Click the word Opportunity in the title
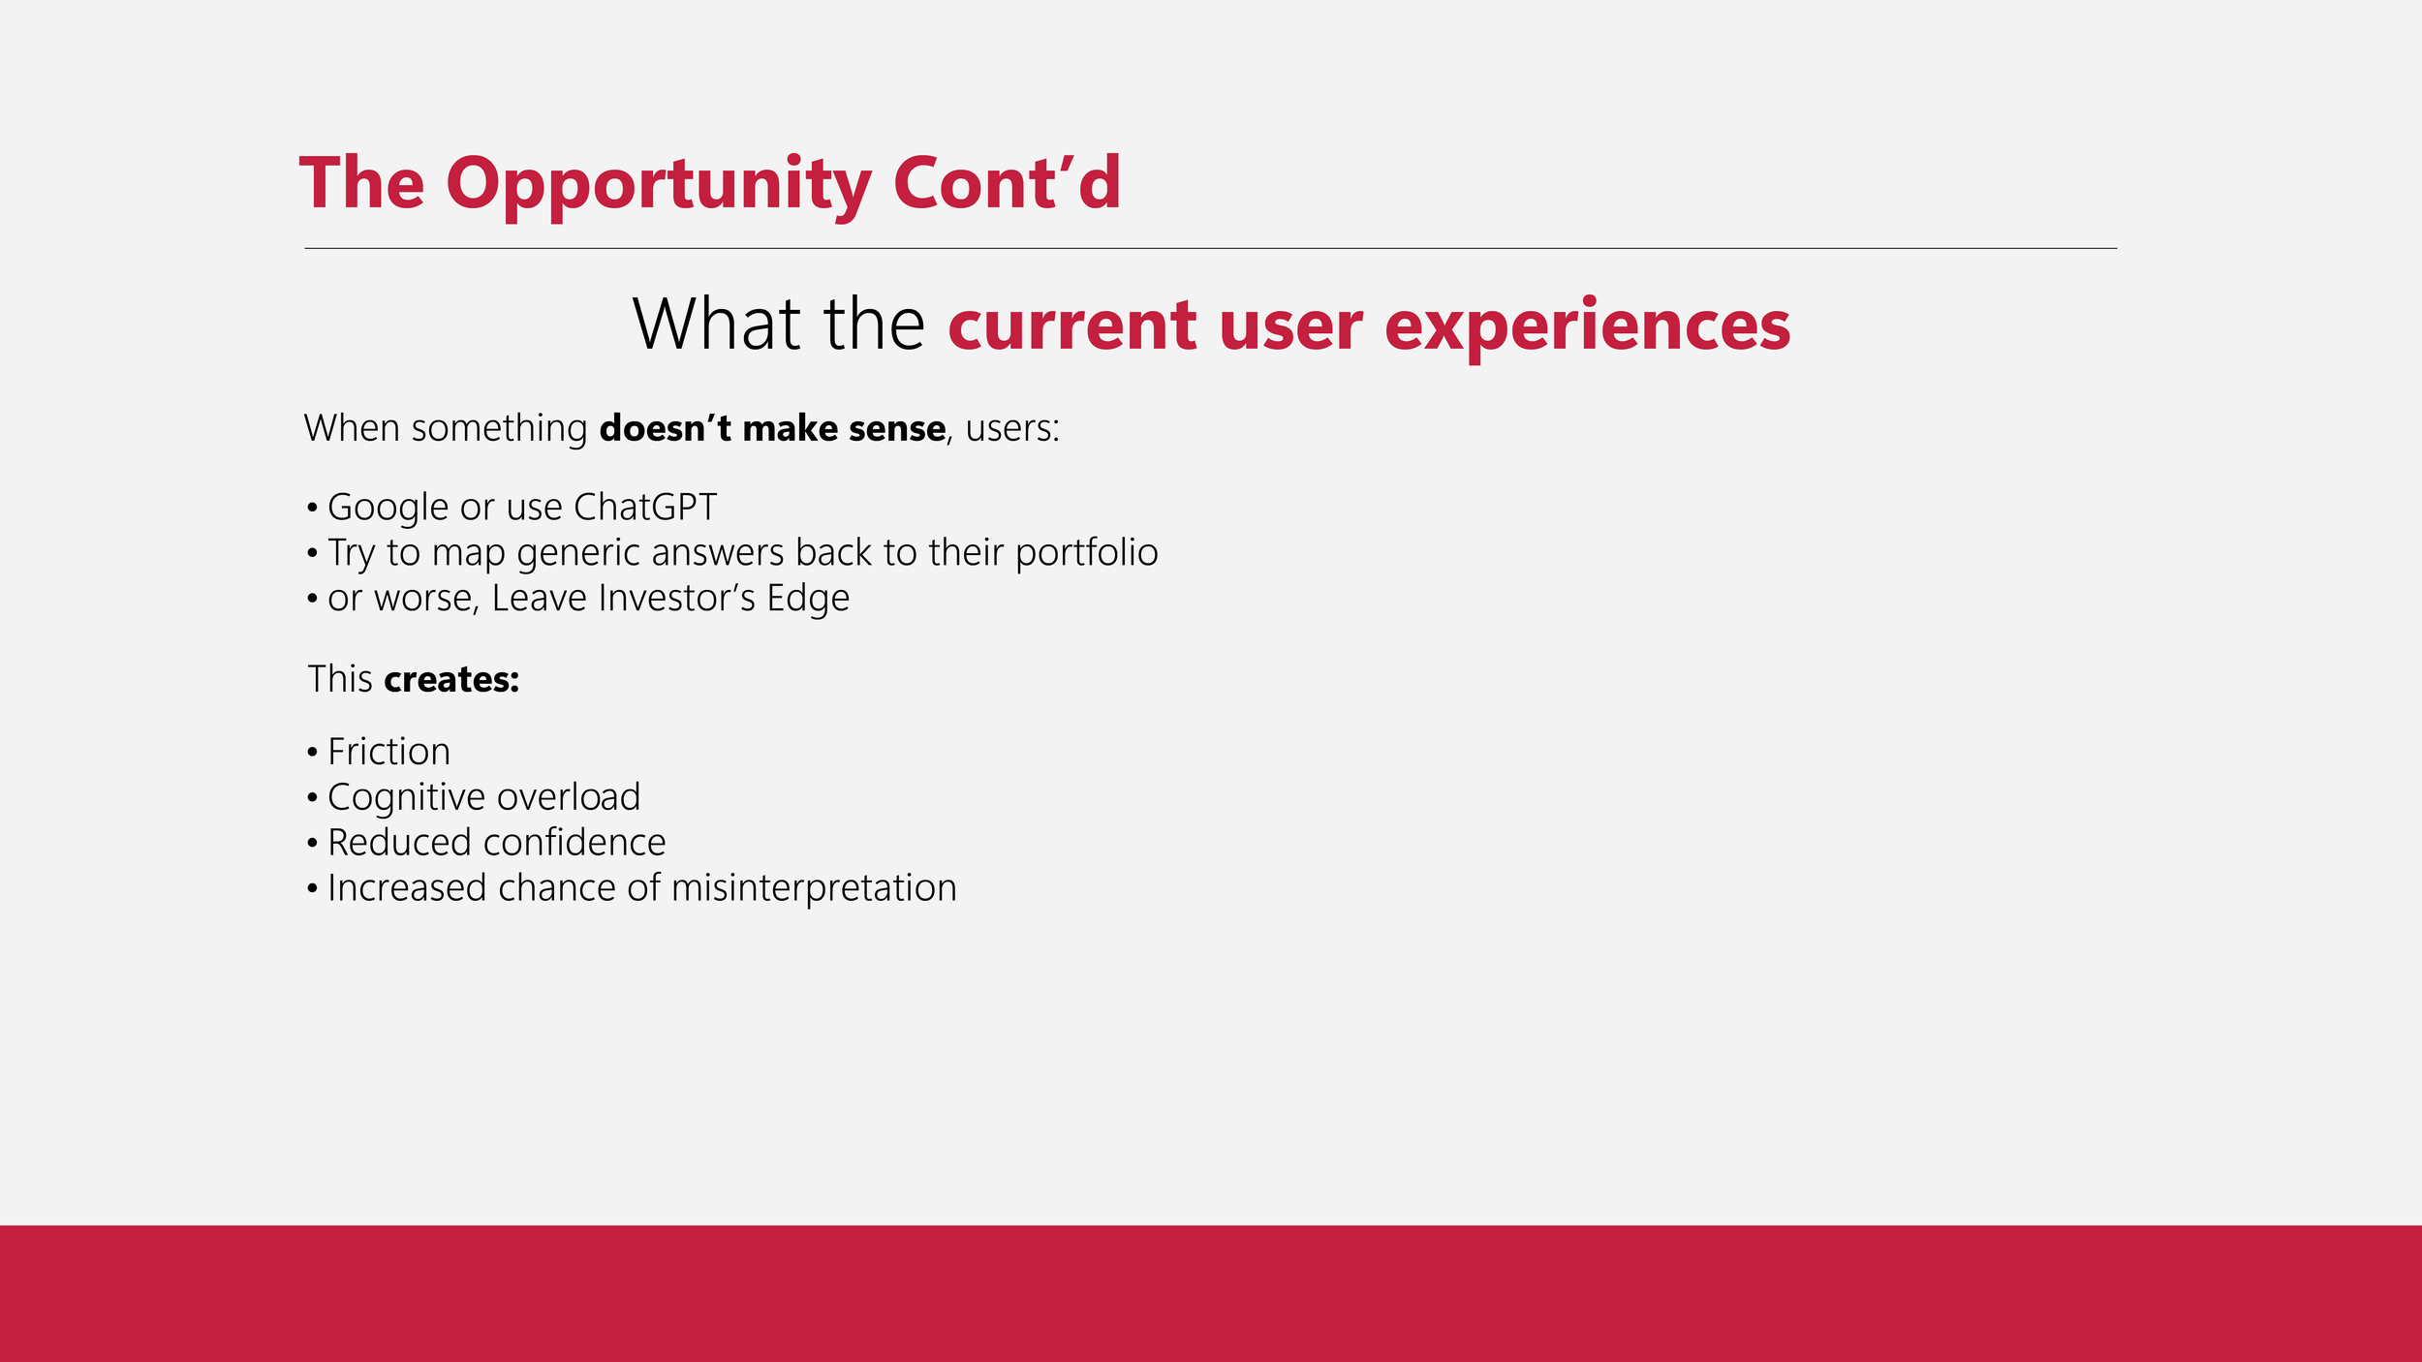(659, 184)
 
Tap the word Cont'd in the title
(1007, 182)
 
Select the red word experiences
(1587, 328)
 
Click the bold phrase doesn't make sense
(772, 428)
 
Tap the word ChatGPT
(645, 508)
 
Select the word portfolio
(1086, 553)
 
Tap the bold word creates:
(451, 680)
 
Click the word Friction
(388, 753)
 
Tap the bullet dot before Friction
(312, 753)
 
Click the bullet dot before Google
(312, 509)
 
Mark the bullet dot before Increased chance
(312, 889)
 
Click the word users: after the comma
(1012, 428)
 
